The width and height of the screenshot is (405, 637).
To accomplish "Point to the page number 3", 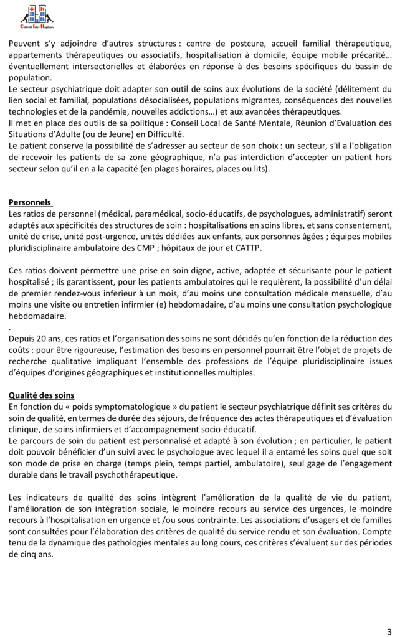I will pos(389,631).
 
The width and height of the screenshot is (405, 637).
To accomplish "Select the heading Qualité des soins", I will pos(42,395).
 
